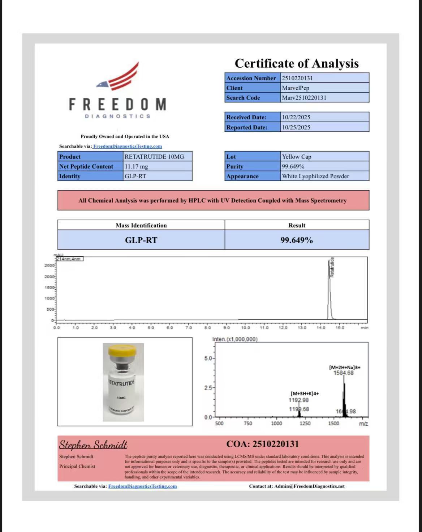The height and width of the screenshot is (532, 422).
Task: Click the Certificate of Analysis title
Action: [297, 63]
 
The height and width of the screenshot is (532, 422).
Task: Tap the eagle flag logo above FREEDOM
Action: [118, 77]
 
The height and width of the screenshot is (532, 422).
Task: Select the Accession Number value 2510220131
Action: [297, 78]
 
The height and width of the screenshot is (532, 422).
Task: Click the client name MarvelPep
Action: [296, 88]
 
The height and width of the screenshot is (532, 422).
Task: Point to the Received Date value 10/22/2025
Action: [296, 117]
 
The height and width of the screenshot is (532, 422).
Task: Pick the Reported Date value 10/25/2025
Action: [296, 127]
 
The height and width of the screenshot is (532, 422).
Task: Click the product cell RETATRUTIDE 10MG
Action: [154, 157]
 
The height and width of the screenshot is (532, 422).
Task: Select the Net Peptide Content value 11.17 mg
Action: [136, 166]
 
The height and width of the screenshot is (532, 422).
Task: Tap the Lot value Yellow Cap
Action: [297, 157]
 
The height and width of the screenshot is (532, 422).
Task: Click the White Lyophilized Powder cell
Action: [315, 176]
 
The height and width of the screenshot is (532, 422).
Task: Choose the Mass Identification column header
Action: [141, 225]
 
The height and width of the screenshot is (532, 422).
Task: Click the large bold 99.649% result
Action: [297, 240]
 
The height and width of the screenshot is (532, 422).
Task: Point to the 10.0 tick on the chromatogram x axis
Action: [245, 328]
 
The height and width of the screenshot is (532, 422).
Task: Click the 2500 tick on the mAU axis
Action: [49, 265]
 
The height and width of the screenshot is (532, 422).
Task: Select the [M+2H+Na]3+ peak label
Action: [344, 367]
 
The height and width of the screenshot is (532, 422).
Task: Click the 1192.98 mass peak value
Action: [298, 400]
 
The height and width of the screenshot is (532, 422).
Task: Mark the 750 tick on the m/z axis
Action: [248, 424]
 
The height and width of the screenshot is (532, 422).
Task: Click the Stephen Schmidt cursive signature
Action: [93, 444]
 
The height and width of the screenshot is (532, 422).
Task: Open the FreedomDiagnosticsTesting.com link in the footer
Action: [142, 486]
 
